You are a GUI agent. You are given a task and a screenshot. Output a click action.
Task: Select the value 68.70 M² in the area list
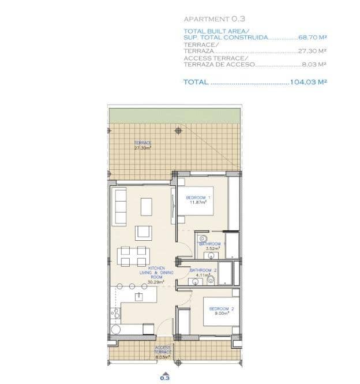coord(312,37)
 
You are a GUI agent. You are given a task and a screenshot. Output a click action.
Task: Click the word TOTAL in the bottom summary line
coord(196,82)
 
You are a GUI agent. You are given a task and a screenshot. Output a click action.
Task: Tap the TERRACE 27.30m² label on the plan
coord(142,146)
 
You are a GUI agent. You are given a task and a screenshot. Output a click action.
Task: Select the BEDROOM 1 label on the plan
coord(198,200)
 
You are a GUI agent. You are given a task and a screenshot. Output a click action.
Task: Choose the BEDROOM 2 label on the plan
coord(222,311)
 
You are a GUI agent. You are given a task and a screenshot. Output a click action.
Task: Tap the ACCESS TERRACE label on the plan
coord(163,352)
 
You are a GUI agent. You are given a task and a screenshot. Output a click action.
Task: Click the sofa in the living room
coord(120,206)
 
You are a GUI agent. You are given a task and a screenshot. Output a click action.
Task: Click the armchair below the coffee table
coord(144,233)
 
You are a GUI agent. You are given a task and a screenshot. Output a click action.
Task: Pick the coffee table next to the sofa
coord(147,206)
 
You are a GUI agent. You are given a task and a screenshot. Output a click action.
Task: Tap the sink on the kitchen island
coord(139,296)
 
